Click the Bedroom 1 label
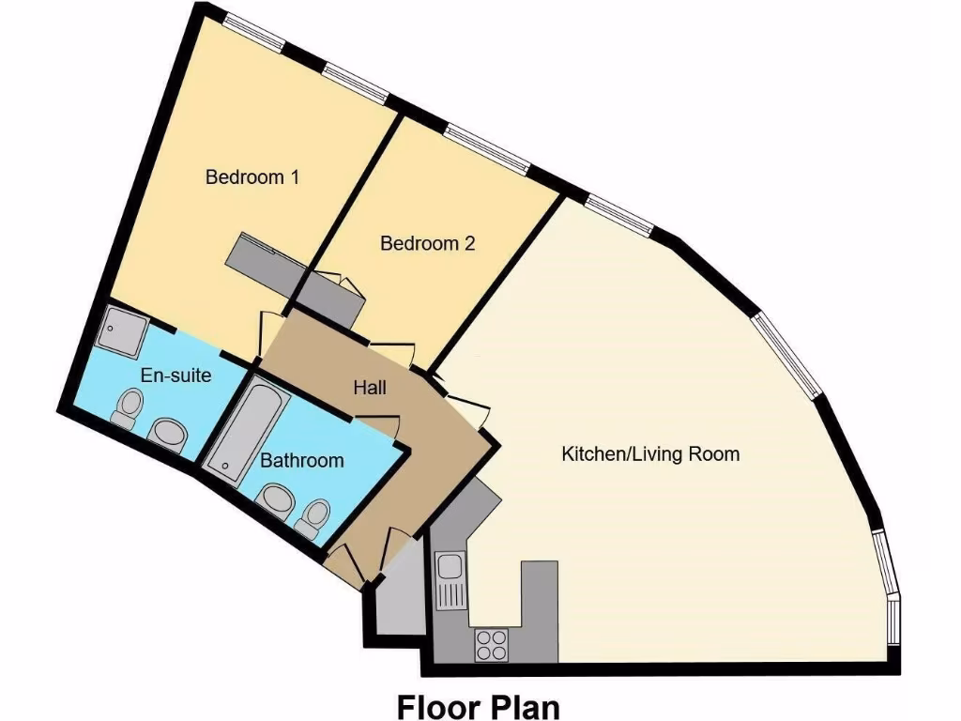coord(252,176)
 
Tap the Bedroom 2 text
coord(427,243)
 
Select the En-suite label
coord(175,376)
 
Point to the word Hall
coord(370,387)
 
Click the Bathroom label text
coord(301,461)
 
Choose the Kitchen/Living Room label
coord(650,454)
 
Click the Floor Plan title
coord(478,705)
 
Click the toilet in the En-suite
coord(127,407)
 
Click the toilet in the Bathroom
coord(315,515)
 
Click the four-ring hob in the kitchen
coord(490,644)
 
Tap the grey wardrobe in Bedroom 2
coord(328,297)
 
